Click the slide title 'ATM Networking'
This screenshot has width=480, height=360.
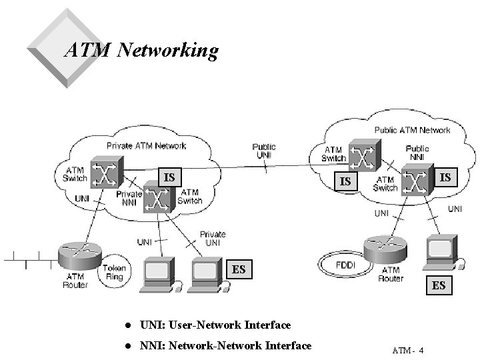tap(141, 51)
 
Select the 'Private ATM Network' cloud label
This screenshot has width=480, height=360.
tap(147, 145)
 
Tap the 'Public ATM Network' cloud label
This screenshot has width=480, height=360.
tap(412, 130)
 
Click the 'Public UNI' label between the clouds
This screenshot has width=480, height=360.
tap(265, 151)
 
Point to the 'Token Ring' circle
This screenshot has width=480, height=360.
tap(114, 273)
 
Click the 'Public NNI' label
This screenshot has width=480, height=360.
tap(417, 153)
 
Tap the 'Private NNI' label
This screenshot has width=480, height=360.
tap(129, 198)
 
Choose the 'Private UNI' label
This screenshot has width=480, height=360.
tap(213, 239)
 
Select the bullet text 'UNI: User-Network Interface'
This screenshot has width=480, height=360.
tap(215, 325)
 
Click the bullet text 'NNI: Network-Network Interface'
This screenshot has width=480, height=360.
tap(225, 345)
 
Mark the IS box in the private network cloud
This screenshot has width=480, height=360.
tap(170, 177)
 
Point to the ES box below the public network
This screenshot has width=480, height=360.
tap(439, 285)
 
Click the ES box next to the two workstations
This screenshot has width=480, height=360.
tap(239, 270)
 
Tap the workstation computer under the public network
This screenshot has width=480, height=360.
tap(442, 252)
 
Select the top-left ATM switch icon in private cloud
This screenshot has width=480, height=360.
tap(106, 173)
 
